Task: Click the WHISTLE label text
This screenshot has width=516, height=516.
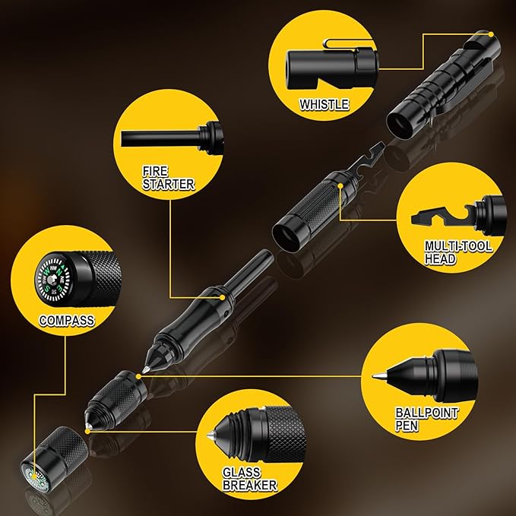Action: [x=324, y=104]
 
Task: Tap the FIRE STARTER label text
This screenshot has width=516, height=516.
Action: [x=168, y=178]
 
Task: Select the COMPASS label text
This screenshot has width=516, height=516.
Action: [x=67, y=320]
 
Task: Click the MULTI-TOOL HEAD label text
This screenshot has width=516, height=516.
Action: [x=458, y=252]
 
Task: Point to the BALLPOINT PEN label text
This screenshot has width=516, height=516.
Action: [x=426, y=419]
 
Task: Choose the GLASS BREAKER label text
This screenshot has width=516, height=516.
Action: [x=250, y=479]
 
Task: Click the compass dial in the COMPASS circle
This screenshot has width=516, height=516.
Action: [x=52, y=280]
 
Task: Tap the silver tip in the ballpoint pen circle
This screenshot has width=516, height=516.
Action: [x=379, y=375]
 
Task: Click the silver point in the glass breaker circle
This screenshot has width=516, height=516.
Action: [x=210, y=436]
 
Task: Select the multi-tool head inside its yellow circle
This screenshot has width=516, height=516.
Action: [x=442, y=215]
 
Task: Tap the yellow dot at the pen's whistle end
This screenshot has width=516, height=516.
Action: [x=491, y=34]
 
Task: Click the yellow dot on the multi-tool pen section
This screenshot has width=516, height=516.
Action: [x=340, y=186]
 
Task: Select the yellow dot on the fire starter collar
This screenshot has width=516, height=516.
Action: [x=223, y=297]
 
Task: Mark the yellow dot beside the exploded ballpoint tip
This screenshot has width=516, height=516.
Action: [x=138, y=376]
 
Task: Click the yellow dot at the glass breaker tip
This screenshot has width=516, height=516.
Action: [x=87, y=431]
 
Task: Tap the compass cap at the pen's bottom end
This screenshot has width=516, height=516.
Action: [x=54, y=460]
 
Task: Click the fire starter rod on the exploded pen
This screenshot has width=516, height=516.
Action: [x=250, y=268]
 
